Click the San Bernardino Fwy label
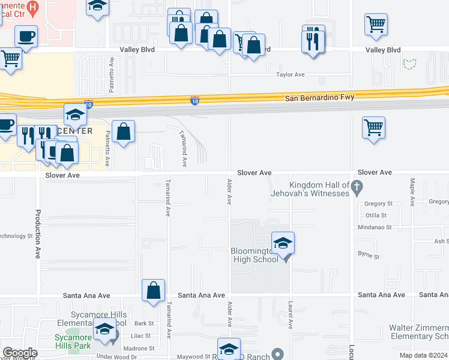tap(319, 97)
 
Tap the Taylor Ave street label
tap(291, 75)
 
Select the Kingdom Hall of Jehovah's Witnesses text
tap(319, 189)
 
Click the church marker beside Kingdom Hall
tap(357, 187)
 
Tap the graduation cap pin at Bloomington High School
tap(283, 244)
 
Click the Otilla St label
tap(375, 215)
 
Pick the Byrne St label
tap(369, 256)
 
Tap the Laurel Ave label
tap(290, 315)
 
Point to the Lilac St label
tap(140, 336)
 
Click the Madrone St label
tap(139, 348)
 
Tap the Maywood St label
tap(196, 356)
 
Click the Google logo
tap(20, 353)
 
